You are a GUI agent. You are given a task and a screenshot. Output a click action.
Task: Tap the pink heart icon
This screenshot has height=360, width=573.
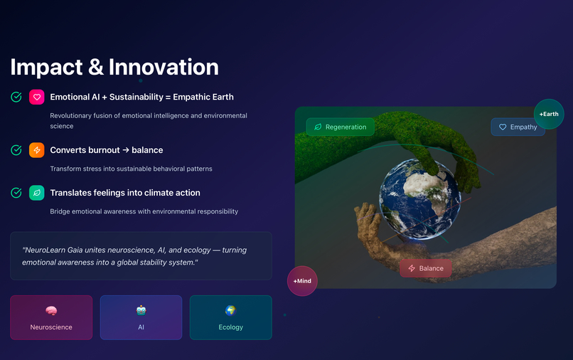tap(36, 97)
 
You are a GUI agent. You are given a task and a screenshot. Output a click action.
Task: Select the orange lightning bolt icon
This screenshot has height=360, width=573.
tap(36, 150)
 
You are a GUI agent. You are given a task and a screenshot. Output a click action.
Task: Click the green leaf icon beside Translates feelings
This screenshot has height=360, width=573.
tap(36, 193)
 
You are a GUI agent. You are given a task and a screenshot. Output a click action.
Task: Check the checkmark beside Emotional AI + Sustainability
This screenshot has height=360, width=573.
tap(16, 97)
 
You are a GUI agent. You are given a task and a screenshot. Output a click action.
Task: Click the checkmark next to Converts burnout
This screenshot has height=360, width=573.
tap(16, 150)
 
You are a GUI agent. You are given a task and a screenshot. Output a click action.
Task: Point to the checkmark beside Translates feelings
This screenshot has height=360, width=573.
tap(16, 193)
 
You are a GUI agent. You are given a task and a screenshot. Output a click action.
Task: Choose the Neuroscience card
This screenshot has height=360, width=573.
tap(51, 317)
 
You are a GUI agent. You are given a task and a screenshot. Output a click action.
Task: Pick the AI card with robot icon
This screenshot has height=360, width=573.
tap(141, 317)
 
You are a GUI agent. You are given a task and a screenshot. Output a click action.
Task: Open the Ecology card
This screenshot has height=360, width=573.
tap(230, 317)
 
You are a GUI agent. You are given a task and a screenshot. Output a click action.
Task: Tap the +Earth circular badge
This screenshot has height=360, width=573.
tap(549, 114)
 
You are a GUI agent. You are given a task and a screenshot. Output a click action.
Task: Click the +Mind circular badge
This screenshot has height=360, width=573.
tap(302, 281)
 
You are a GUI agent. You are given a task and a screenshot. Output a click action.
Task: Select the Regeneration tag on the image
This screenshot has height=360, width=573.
tap(340, 127)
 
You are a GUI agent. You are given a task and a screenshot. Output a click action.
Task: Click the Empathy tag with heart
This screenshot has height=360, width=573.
tap(518, 127)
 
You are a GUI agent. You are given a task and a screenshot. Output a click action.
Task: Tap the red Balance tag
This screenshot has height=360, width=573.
tap(425, 268)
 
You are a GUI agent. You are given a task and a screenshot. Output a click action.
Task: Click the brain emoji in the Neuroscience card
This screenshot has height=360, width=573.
tap(51, 310)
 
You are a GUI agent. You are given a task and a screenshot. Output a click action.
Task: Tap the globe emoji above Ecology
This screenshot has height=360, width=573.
tap(230, 310)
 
